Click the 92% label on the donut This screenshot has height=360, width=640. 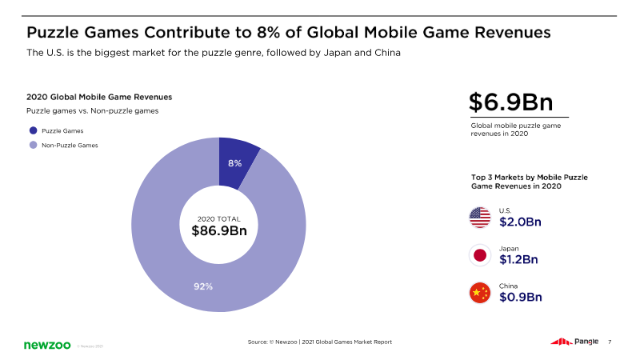point(203,286)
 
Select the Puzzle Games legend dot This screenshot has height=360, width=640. point(33,130)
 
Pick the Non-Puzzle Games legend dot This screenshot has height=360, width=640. point(33,145)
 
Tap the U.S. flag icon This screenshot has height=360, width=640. point(480,218)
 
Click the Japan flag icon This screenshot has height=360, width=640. point(480,255)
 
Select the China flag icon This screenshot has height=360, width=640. point(480,293)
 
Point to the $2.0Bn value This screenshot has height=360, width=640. point(520,222)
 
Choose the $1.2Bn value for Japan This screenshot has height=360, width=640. point(518,259)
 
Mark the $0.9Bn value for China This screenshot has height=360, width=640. point(520,297)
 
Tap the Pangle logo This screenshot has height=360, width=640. point(574,342)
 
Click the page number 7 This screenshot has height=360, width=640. point(610,342)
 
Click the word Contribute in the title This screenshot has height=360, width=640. point(189,33)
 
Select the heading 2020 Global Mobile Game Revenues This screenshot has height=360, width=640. point(99,97)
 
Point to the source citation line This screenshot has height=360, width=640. point(320,342)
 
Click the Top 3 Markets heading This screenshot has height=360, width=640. point(530,181)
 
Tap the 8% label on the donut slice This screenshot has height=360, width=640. point(234,162)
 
